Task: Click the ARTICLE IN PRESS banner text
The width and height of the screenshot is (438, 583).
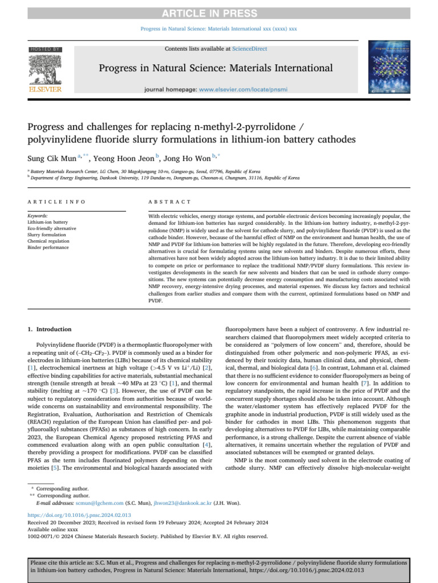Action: [219, 6]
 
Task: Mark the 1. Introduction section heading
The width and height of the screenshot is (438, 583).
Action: [50, 329]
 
